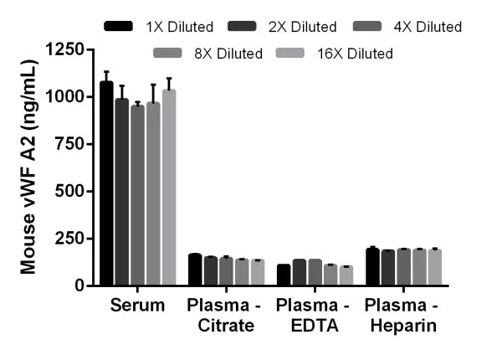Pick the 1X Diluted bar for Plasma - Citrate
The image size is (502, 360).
click(195, 270)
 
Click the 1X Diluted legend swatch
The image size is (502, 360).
click(120, 27)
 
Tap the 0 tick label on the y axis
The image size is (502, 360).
click(81, 285)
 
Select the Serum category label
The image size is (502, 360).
click(136, 305)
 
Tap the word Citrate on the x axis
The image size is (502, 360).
click(225, 326)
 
